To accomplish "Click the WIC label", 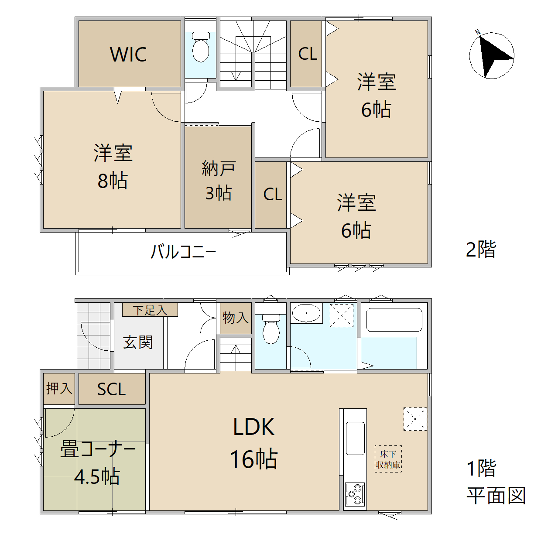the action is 128,54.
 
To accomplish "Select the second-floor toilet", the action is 201,47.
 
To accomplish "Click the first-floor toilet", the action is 271,329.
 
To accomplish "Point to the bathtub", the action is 394,320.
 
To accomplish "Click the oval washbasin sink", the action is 306,313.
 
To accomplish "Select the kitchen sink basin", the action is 355,438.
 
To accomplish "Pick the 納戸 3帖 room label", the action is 219,181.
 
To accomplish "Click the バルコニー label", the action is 183,251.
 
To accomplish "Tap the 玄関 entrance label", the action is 138,342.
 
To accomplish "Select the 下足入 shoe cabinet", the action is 150,310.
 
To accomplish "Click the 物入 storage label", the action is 236,318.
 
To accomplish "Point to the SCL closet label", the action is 111,389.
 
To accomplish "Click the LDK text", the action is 254,427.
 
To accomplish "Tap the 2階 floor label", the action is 481,249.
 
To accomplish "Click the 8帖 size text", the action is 113,181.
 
